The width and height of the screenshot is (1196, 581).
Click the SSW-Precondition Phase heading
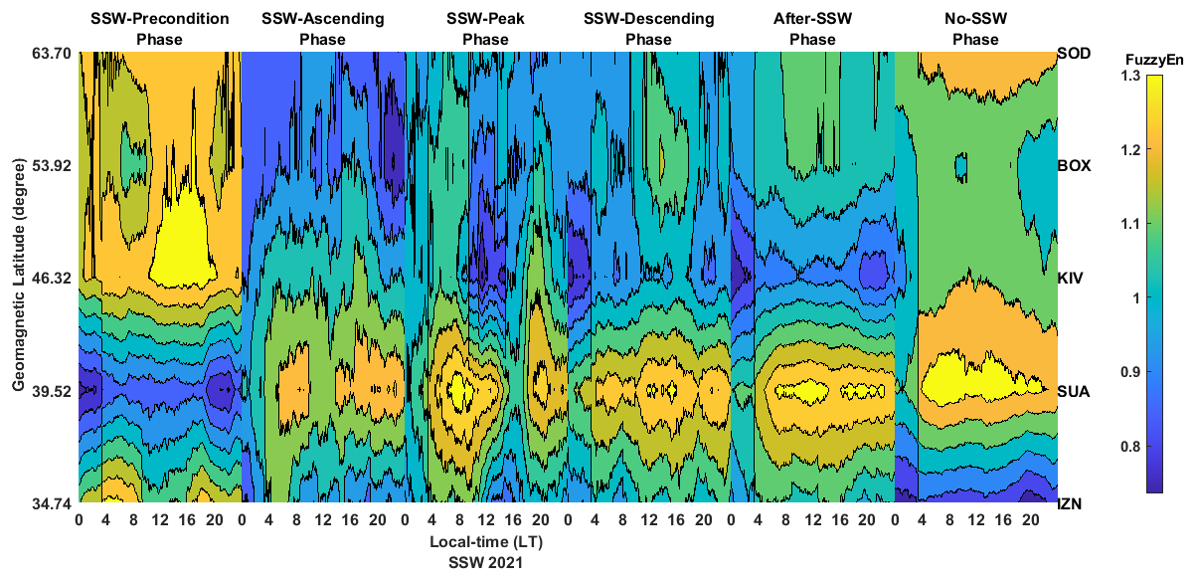pyautogui.click(x=159, y=29)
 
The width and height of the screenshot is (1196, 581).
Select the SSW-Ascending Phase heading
pyautogui.click(x=322, y=29)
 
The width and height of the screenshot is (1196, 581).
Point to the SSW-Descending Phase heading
pyautogui.click(x=648, y=29)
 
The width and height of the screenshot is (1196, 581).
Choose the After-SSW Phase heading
pyautogui.click(x=812, y=29)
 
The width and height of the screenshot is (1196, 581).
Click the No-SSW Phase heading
pyautogui.click(x=975, y=29)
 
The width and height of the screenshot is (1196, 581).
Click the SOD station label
pyautogui.click(x=1074, y=53)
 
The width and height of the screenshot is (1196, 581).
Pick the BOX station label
pyautogui.click(x=1074, y=165)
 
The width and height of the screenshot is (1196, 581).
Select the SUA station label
pyautogui.click(x=1074, y=391)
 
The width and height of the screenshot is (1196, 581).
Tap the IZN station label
pyautogui.click(x=1071, y=504)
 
